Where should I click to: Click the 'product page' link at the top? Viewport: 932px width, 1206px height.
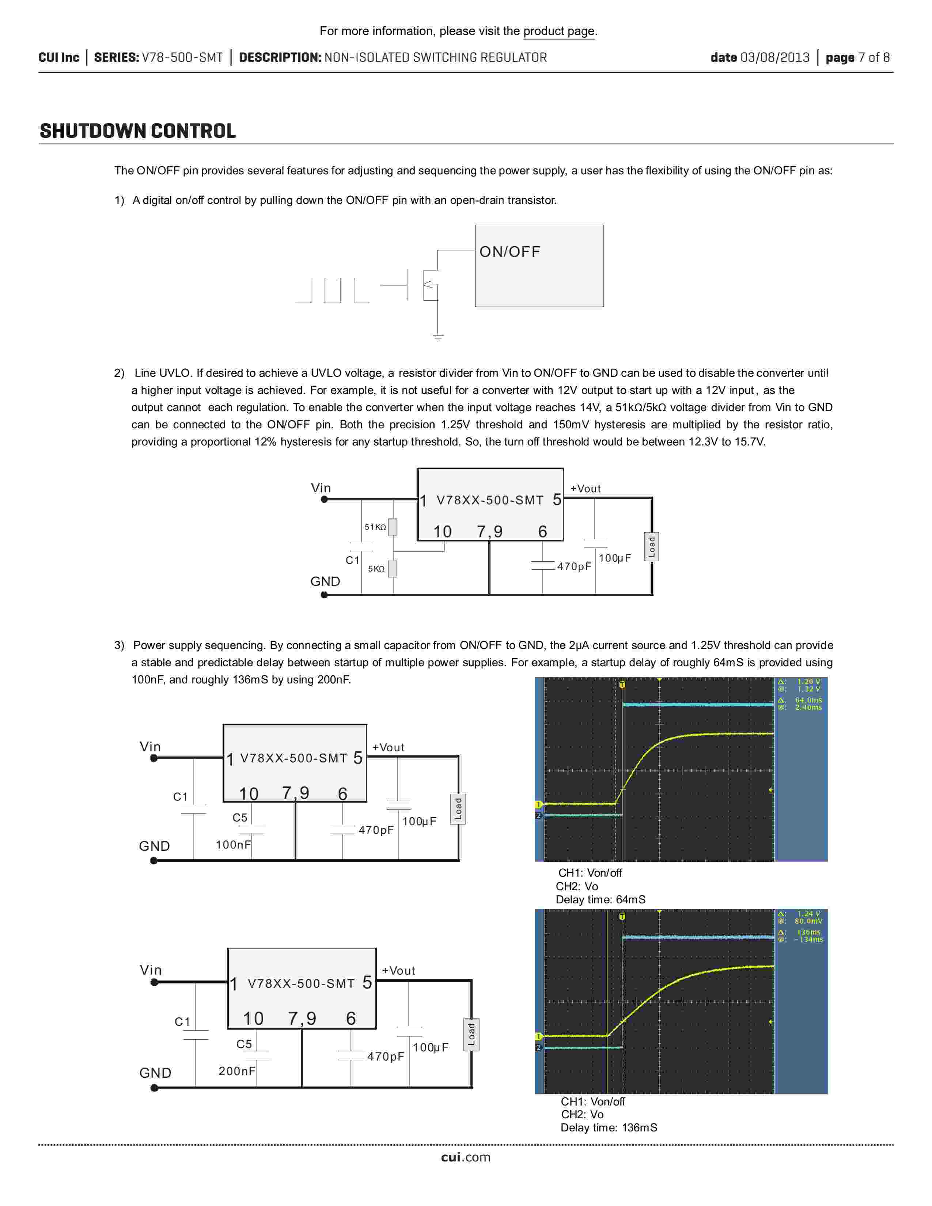[x=559, y=31]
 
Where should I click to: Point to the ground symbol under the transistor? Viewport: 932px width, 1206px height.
[x=438, y=338]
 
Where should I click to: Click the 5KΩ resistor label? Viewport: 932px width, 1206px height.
[x=376, y=569]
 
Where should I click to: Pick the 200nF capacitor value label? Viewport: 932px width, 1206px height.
[x=237, y=1071]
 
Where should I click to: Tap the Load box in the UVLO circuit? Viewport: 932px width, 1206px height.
[x=652, y=547]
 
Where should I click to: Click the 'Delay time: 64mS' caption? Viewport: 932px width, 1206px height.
[x=600, y=899]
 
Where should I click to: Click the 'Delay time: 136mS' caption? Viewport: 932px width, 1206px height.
[x=609, y=1127]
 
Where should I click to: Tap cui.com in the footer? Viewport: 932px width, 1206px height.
[x=465, y=1157]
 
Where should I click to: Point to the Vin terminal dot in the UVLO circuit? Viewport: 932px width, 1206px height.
[x=325, y=500]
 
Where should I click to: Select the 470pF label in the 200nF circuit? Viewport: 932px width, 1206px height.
[x=385, y=1057]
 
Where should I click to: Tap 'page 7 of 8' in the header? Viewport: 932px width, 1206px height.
[x=857, y=57]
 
